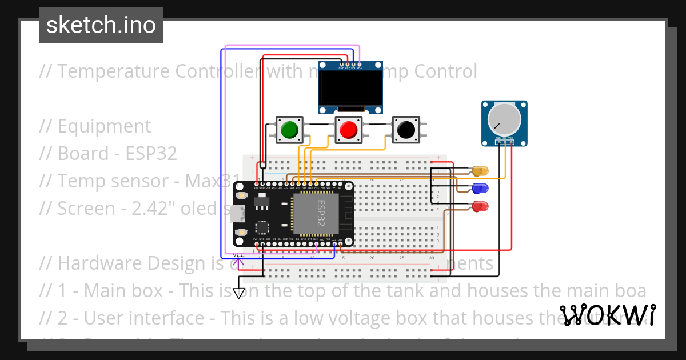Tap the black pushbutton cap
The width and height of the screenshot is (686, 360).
pos(406,130)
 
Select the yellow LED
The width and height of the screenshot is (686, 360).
pos(481,170)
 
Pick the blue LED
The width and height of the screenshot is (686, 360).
pos(481,187)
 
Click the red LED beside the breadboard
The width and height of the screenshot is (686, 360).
pos(481,206)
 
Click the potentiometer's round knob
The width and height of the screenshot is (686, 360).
pos(504,119)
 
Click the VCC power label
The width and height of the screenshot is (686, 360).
pos(239,255)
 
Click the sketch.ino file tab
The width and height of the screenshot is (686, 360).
pos(101,25)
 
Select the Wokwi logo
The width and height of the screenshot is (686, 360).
pos(607,315)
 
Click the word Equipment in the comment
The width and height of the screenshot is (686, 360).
pos(104,126)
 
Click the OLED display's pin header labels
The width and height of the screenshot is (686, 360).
pos(350,67)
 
